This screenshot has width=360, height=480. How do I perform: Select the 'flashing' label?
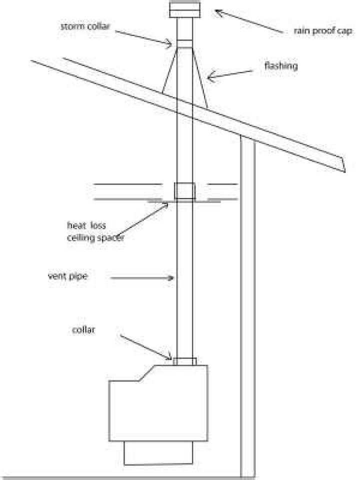281,66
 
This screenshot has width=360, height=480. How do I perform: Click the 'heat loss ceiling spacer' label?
95,231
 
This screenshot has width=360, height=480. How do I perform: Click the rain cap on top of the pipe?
183,9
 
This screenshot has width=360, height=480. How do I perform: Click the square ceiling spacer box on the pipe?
184,191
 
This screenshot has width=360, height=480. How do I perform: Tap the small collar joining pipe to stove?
184,361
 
